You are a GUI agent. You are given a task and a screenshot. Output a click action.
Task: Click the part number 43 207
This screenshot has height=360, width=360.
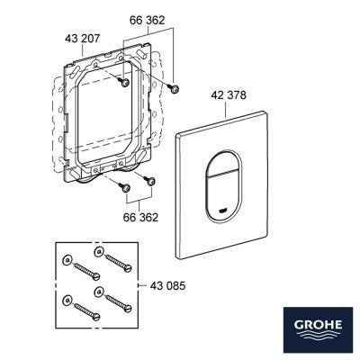pos(83,39)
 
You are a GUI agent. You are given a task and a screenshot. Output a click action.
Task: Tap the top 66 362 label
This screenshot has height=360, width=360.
pos(148,21)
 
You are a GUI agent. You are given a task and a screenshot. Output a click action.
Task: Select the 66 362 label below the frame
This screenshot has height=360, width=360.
pos(140,217)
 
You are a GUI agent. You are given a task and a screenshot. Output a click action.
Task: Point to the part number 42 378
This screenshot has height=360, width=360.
pos(229,95)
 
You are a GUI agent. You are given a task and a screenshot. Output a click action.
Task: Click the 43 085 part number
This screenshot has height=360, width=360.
pos(167,285)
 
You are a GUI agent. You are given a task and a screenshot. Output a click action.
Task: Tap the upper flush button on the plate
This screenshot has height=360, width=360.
pos(222,161)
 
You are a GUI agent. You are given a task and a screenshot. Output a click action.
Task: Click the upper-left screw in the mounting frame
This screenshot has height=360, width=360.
pos(124,82)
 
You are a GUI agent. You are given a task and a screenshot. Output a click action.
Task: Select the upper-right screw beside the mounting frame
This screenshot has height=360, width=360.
pos(174,88)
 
